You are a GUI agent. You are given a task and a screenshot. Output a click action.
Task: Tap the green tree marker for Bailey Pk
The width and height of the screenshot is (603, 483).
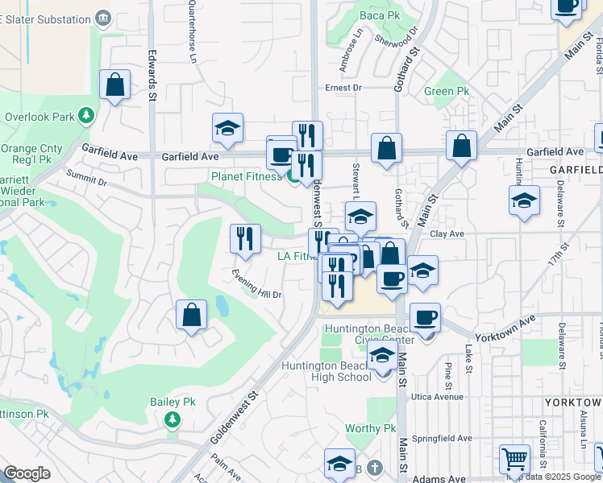pyautogui.click(x=171, y=419)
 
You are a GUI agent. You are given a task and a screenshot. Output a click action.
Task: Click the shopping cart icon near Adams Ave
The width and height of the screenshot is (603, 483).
pyautogui.click(x=514, y=460)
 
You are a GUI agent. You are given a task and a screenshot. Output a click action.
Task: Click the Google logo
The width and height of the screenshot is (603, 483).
pyautogui.click(x=27, y=473)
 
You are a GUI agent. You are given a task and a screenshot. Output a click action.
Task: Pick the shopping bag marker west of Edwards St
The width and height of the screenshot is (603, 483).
pyautogui.click(x=114, y=85)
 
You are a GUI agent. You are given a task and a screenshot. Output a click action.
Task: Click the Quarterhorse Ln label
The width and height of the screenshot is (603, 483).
pyautogui.click(x=192, y=31)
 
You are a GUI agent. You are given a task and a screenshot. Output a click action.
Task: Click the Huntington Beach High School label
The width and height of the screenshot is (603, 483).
pyautogui.click(x=326, y=372)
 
